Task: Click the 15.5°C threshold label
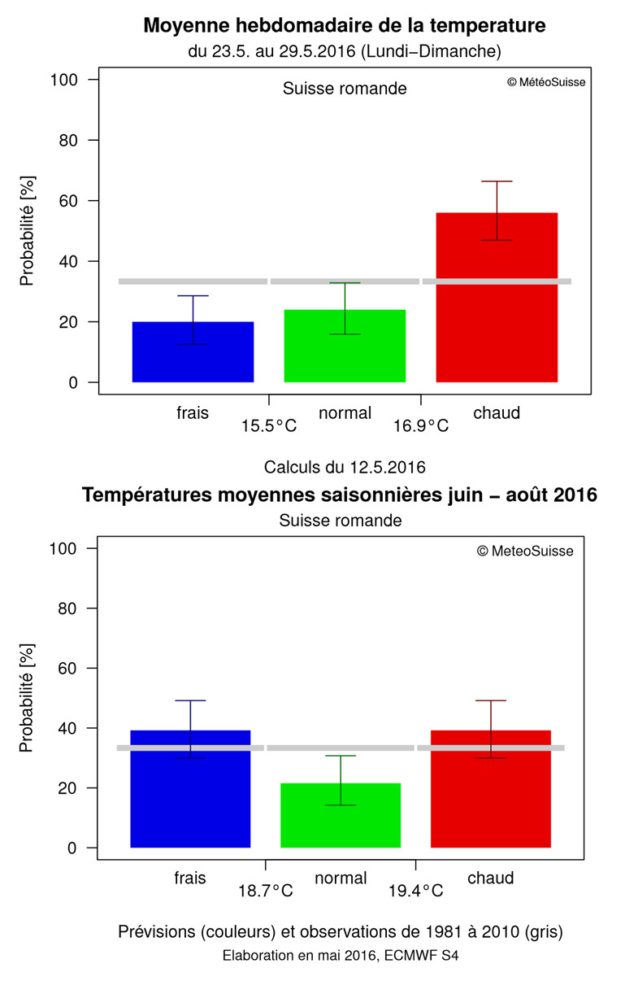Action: [268, 425]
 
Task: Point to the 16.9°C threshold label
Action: [421, 425]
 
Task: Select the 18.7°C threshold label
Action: [265, 891]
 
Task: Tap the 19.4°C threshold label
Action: [415, 891]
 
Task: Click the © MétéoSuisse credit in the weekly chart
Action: [545, 82]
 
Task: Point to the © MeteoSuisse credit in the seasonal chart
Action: [525, 552]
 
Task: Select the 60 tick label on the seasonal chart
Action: [65, 668]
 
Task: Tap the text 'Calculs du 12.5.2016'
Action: [345, 467]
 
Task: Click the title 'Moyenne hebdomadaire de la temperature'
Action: [345, 25]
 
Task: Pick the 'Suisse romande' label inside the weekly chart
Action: [345, 89]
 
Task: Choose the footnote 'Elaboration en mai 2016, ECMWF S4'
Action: [341, 956]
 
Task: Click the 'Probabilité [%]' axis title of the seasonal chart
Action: [27, 699]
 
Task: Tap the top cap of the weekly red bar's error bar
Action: [497, 181]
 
